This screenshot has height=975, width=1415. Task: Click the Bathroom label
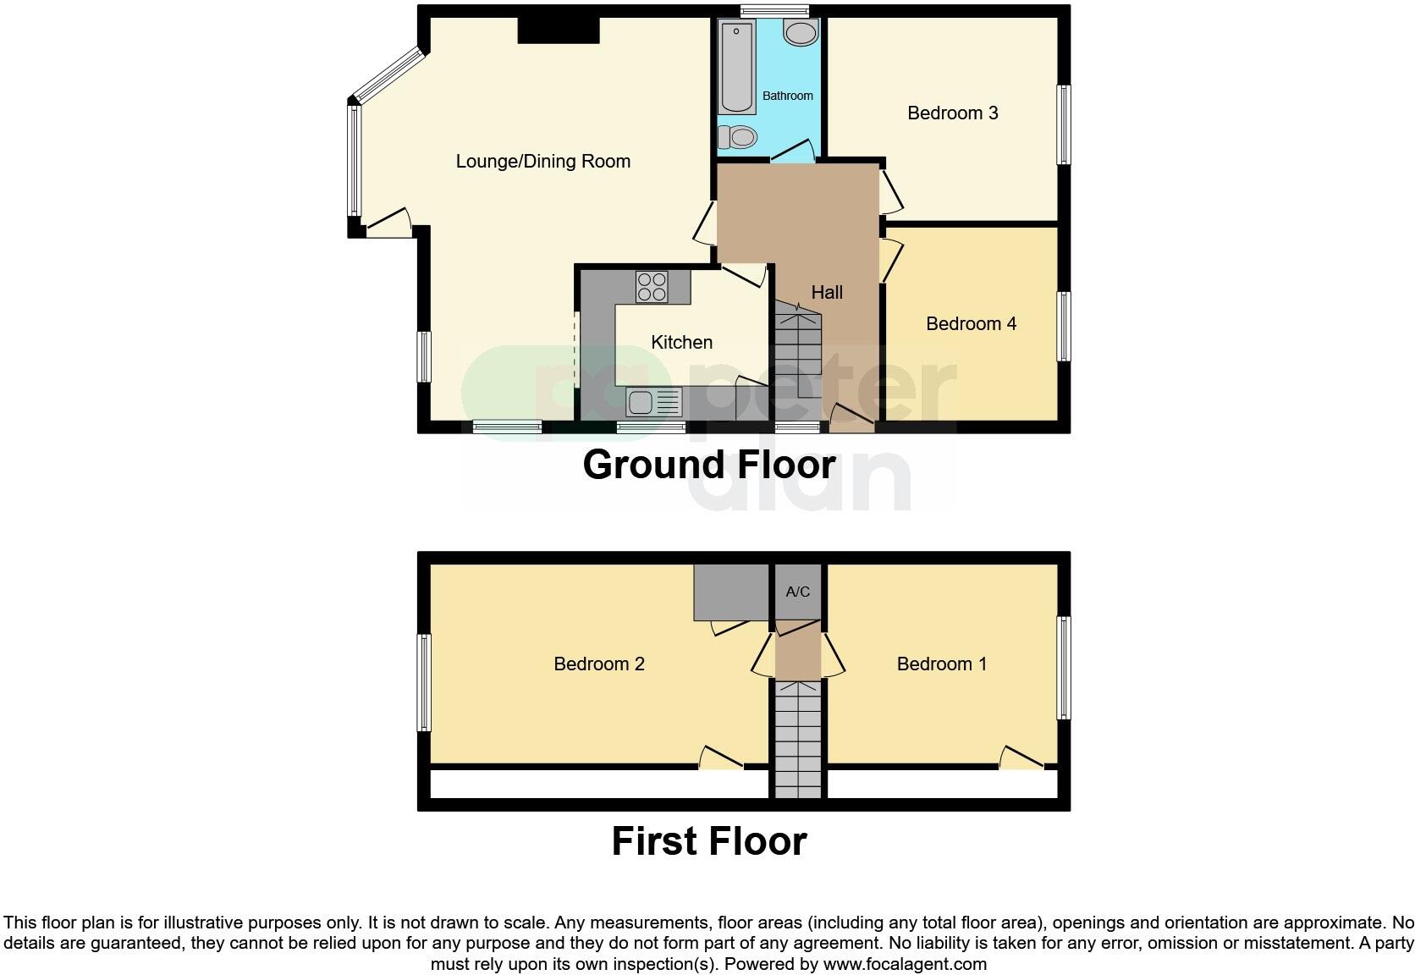(787, 96)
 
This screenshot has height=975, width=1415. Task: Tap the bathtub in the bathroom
(737, 68)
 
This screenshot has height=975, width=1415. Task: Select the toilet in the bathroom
(737, 136)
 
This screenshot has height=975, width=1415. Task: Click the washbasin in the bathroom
(800, 34)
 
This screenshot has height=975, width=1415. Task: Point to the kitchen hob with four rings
(652, 286)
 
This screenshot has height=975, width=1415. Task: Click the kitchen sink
(653, 401)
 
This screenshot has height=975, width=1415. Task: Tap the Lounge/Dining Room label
(542, 161)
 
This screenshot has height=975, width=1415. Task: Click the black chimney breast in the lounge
(559, 30)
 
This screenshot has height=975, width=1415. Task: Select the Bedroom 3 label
(952, 113)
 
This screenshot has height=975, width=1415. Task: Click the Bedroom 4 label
(971, 323)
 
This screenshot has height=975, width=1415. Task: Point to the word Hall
(827, 292)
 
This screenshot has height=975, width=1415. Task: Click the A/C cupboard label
(797, 592)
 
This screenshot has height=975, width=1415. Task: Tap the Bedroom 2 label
(598, 664)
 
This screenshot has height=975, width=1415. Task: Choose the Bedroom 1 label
(941, 664)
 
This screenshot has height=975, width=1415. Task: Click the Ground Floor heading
(708, 465)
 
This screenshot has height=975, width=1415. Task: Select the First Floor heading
(708, 841)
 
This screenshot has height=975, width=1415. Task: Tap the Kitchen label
(681, 342)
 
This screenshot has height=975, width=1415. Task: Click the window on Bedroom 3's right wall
(1064, 124)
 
